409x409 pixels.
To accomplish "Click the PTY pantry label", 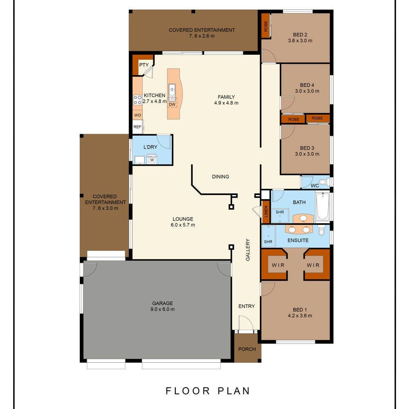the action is (144, 65).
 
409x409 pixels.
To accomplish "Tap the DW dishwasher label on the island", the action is (172, 105).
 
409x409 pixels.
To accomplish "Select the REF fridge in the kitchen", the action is (137, 127).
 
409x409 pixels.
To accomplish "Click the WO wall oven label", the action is (137, 115).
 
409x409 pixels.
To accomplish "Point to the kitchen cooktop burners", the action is (137, 100).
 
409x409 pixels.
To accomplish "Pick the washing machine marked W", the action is (152, 159).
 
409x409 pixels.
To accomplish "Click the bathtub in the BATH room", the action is (323, 206).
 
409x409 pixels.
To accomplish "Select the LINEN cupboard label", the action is (266, 211).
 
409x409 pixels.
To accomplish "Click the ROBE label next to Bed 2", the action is (266, 26).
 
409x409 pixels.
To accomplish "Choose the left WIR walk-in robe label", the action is (278, 265).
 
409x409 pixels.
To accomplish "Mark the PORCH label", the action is (247, 349).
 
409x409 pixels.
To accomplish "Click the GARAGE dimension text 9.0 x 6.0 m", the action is (162, 309).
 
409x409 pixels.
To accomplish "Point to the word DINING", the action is (221, 177).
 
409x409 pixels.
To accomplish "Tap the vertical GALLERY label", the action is (248, 249).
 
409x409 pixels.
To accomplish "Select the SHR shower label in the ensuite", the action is (268, 242).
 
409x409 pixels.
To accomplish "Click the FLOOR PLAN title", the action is (208, 391).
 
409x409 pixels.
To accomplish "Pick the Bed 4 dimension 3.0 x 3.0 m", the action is (307, 91).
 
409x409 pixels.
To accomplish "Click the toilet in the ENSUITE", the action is (321, 230).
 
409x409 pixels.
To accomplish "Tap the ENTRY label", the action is (247, 306).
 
